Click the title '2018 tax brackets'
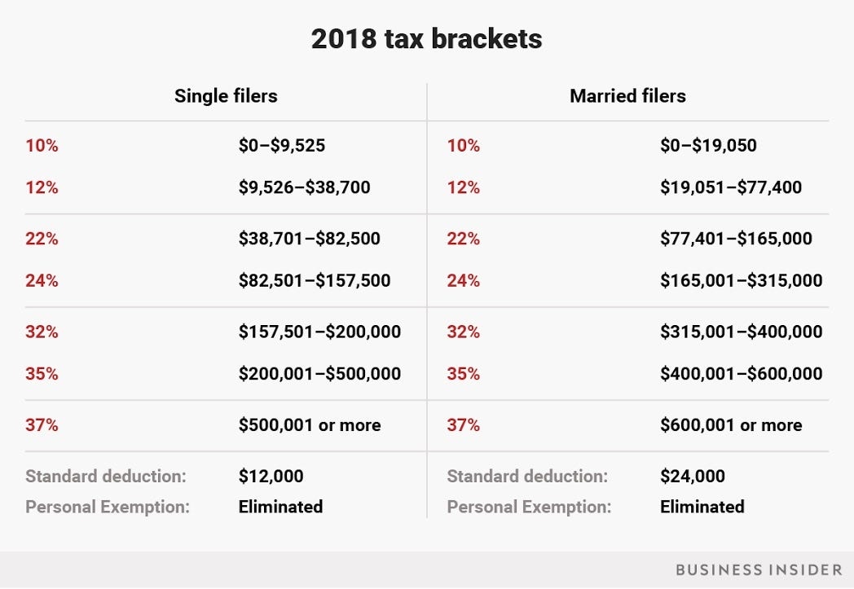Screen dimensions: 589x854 click(x=426, y=39)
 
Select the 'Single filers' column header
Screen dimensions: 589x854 click(x=226, y=96)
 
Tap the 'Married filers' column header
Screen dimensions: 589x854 click(x=627, y=96)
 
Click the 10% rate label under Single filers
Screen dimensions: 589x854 click(x=42, y=147)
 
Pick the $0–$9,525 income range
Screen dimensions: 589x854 click(x=282, y=147)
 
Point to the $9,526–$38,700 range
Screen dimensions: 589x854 click(x=304, y=188)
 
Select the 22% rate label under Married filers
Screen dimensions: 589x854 click(x=463, y=240)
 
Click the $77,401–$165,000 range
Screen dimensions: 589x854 click(x=736, y=240)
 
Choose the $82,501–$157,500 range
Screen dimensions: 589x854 click(x=315, y=281)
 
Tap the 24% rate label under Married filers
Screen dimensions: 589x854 click(x=463, y=281)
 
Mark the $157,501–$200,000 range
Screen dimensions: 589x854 click(x=319, y=332)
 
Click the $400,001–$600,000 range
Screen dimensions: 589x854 click(x=741, y=374)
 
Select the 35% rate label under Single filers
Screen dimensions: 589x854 click(x=42, y=374)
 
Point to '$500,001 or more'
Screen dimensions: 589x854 click(x=310, y=425)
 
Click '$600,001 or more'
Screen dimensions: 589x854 click(x=731, y=425)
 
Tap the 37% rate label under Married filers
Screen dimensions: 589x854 click(x=463, y=425)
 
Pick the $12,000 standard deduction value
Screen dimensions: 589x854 click(x=271, y=477)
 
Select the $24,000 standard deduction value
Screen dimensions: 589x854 click(x=692, y=477)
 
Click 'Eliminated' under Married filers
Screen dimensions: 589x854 click(x=702, y=507)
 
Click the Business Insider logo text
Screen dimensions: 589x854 click(x=759, y=569)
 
